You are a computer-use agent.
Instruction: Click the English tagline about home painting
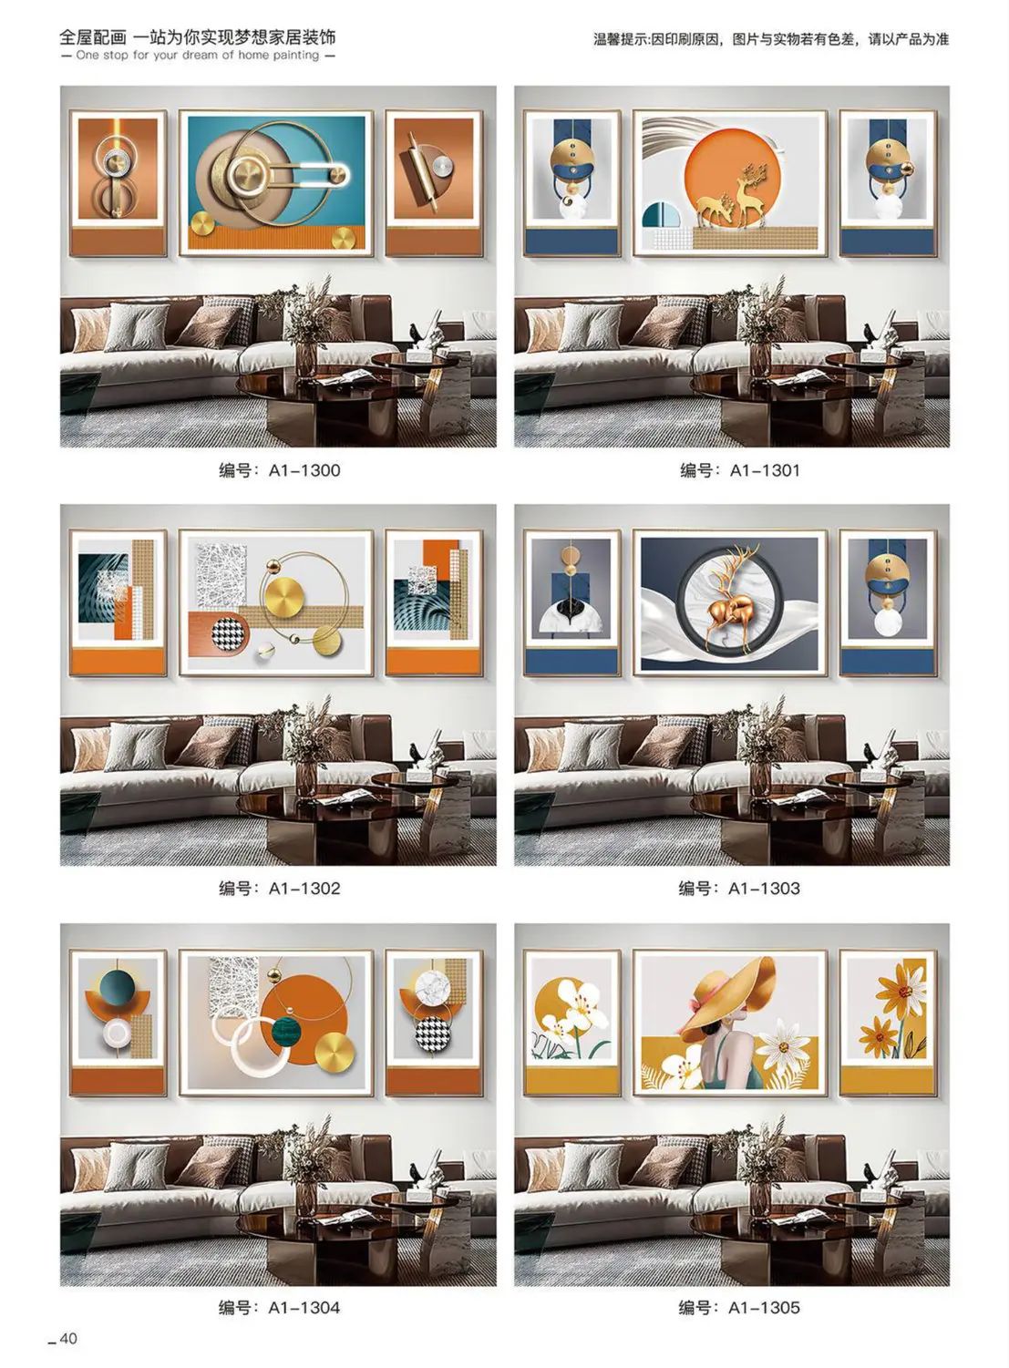click(197, 55)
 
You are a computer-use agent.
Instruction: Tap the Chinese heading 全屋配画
click(93, 37)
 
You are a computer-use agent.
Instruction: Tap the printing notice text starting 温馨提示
click(771, 40)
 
